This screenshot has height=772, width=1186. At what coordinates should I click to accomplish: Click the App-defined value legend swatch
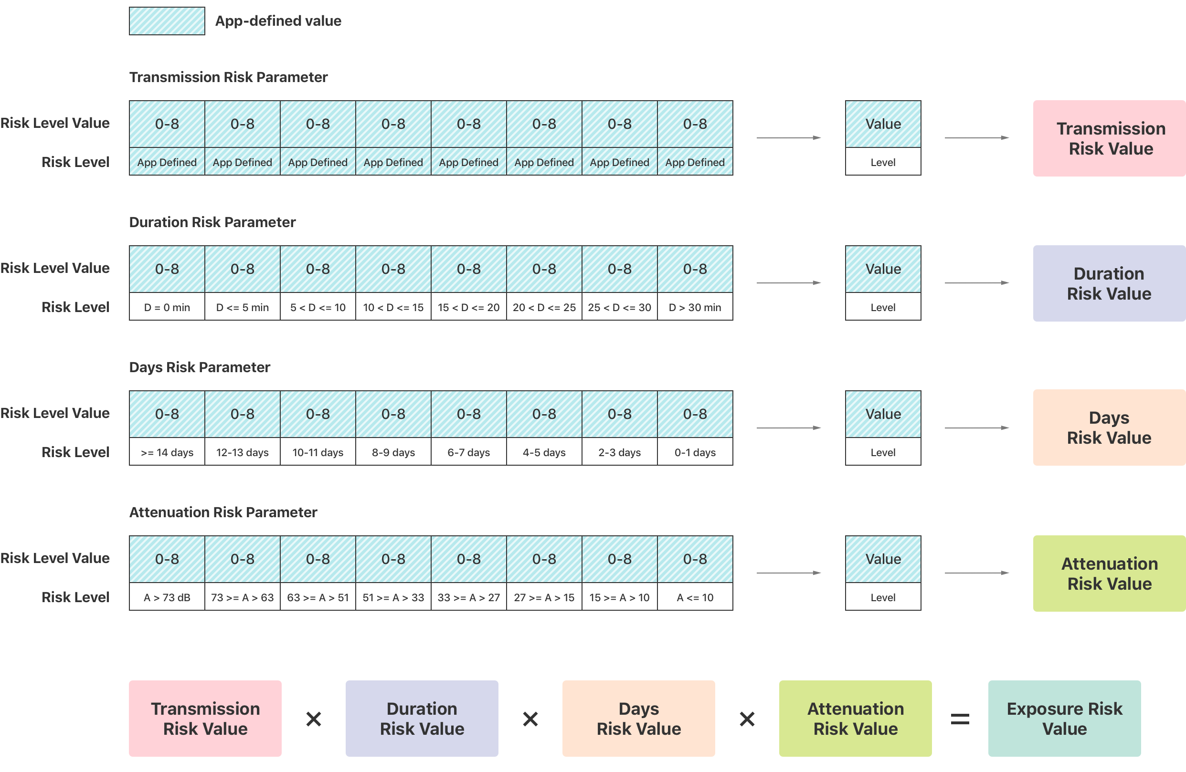pyautogui.click(x=167, y=21)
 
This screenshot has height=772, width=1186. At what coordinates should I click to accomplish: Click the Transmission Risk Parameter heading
pyautogui.click(x=228, y=77)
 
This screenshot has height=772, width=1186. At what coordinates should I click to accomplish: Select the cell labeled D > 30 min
pyautogui.click(x=695, y=307)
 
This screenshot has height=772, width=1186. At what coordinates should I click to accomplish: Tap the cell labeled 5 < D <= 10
pyautogui.click(x=318, y=307)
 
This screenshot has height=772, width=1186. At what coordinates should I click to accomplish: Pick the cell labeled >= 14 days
pyautogui.click(x=167, y=452)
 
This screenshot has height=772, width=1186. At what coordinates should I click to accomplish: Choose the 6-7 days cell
pyautogui.click(x=468, y=452)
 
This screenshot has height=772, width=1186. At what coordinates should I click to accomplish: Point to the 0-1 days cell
pyautogui.click(x=695, y=452)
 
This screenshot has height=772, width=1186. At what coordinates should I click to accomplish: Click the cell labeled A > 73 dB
pyautogui.click(x=167, y=597)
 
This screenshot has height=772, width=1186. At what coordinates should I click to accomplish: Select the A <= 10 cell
pyautogui.click(x=695, y=597)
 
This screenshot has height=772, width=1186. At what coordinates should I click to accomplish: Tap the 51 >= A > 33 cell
pyautogui.click(x=393, y=597)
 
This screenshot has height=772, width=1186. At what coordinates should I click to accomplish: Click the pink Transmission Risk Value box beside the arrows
pyautogui.click(x=1109, y=138)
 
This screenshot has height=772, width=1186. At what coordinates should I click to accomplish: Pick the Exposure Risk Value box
pyautogui.click(x=1064, y=718)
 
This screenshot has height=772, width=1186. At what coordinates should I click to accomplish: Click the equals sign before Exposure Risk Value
pyautogui.click(x=960, y=719)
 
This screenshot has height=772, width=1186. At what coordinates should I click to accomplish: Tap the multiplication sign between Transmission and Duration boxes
pyautogui.click(x=313, y=719)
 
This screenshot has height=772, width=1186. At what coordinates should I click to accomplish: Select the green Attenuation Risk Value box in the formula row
pyautogui.click(x=855, y=718)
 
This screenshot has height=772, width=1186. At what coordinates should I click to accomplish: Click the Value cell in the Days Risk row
pyautogui.click(x=883, y=414)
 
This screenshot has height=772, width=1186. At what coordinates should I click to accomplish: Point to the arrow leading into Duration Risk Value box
pyautogui.click(x=977, y=282)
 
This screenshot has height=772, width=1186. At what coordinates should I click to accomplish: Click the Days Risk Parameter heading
pyautogui.click(x=199, y=367)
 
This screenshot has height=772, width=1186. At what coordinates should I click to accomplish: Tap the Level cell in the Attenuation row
pyautogui.click(x=883, y=597)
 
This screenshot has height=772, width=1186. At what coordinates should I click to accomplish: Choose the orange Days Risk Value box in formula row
pyautogui.click(x=638, y=718)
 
